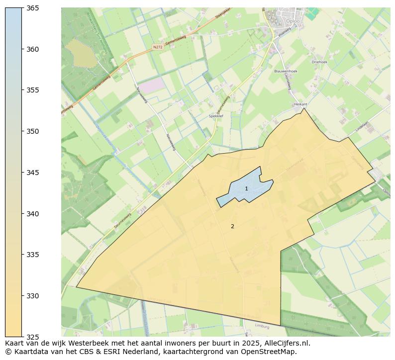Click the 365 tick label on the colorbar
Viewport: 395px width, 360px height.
[x=33, y=8]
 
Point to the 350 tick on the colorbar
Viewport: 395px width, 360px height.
[x=33, y=132]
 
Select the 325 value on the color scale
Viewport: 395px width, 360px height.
[x=33, y=337]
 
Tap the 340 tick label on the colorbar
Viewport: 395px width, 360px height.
[x=33, y=214]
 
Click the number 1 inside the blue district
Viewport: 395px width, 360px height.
[x=246, y=189]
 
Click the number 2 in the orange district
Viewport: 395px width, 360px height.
[x=232, y=226]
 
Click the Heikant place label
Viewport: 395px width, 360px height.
[x=300, y=104]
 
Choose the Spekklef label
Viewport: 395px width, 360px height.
[x=216, y=116]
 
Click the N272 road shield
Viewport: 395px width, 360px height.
[x=158, y=47]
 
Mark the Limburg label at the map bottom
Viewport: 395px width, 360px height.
[x=262, y=327]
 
